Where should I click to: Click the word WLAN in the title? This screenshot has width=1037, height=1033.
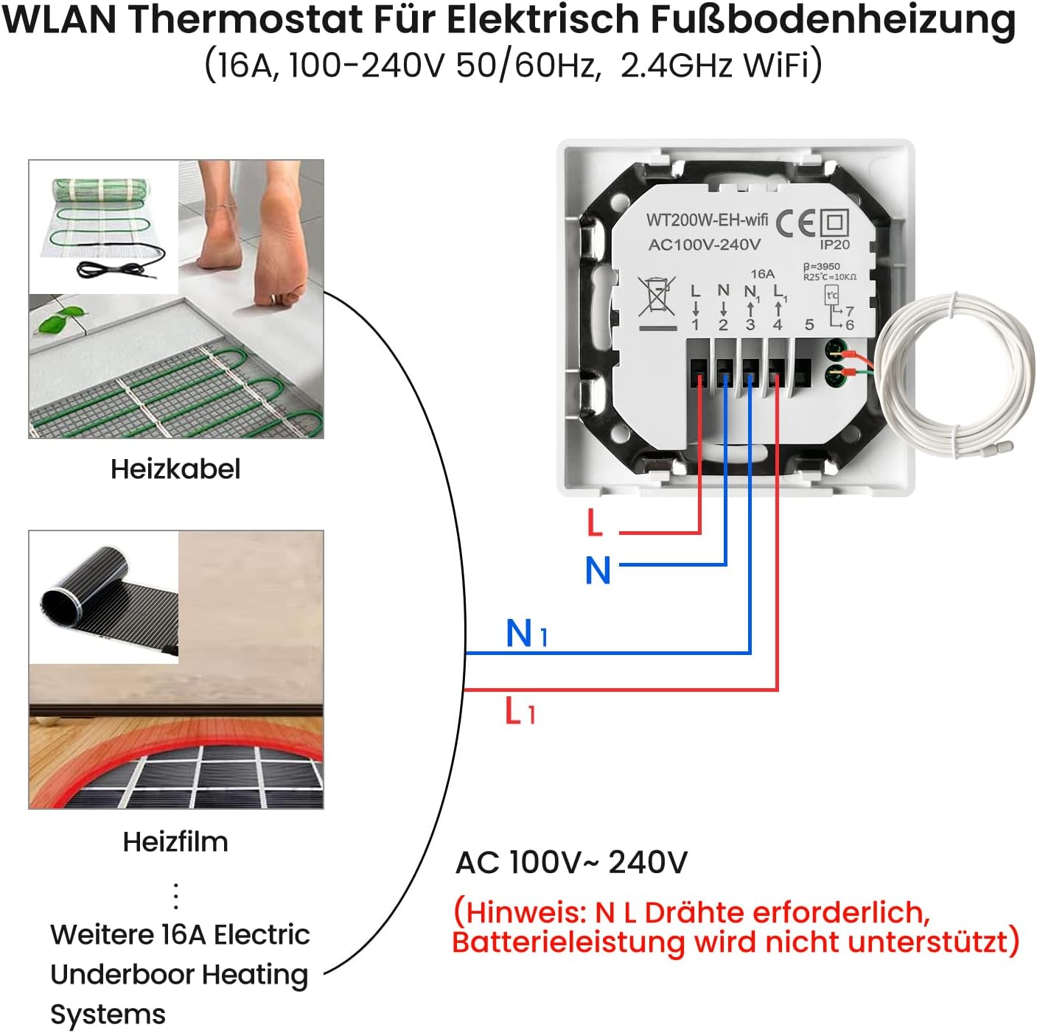click(59, 19)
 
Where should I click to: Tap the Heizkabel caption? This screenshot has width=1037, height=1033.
click(175, 469)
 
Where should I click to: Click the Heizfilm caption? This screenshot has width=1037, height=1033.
click(175, 841)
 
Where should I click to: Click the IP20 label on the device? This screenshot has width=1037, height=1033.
click(834, 245)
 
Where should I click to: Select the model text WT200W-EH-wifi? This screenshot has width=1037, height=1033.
click(707, 220)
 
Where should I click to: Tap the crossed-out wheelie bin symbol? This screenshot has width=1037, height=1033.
click(656, 297)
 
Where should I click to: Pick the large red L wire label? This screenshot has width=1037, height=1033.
click(595, 523)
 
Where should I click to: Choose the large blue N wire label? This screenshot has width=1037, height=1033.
click(598, 571)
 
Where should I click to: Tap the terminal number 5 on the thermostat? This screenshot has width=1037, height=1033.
click(809, 325)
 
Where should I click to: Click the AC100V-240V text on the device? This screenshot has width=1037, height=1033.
click(704, 245)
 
